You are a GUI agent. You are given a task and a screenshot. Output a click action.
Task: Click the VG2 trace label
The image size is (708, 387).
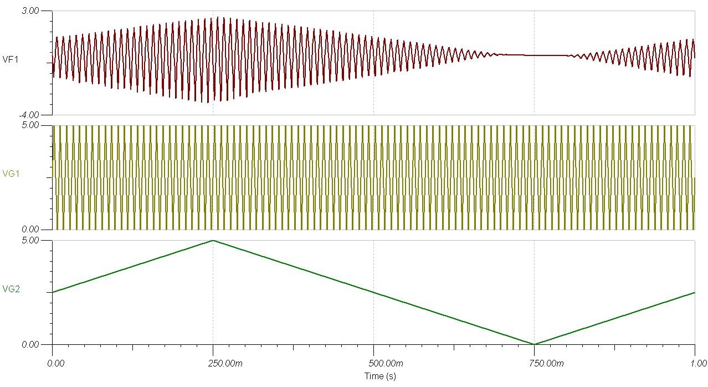(11, 289)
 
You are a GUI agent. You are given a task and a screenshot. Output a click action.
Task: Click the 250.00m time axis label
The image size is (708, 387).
(213, 364)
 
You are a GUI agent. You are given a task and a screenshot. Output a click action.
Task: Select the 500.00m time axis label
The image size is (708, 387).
(373, 364)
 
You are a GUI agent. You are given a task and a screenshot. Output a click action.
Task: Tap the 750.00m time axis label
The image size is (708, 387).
(534, 364)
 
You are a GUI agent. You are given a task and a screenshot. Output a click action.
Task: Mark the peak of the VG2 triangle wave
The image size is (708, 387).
(213, 241)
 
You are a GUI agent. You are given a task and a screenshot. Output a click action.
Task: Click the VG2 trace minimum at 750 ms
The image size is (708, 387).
(534, 344)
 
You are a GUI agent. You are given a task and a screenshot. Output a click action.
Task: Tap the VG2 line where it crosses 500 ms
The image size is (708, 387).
(373, 292)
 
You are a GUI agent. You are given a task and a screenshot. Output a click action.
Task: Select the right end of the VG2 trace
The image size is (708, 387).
(694, 292)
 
